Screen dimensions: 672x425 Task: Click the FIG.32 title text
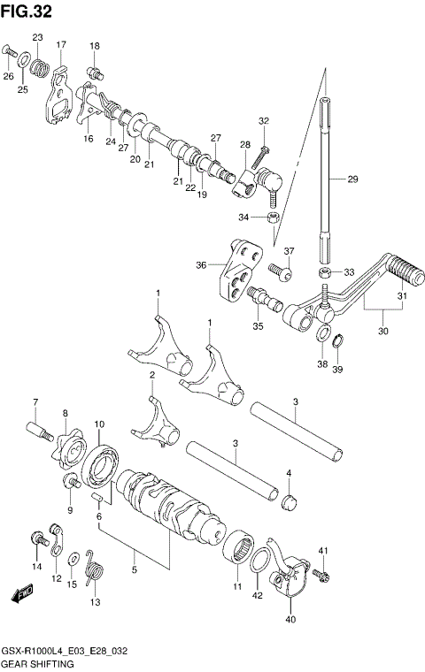27,12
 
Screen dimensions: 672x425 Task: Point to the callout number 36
202,264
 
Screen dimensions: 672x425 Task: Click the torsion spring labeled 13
95,575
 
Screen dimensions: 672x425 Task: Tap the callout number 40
290,619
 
